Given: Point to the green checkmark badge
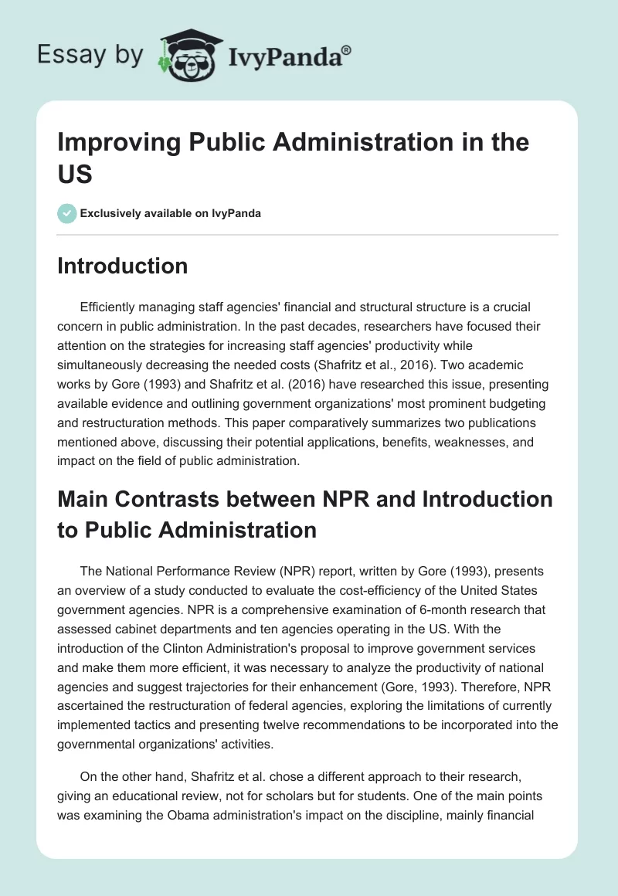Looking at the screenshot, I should click(68, 213).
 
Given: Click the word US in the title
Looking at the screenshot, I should click(76, 174).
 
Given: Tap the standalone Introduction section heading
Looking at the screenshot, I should click(123, 266).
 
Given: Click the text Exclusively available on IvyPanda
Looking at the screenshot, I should click(171, 213).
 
